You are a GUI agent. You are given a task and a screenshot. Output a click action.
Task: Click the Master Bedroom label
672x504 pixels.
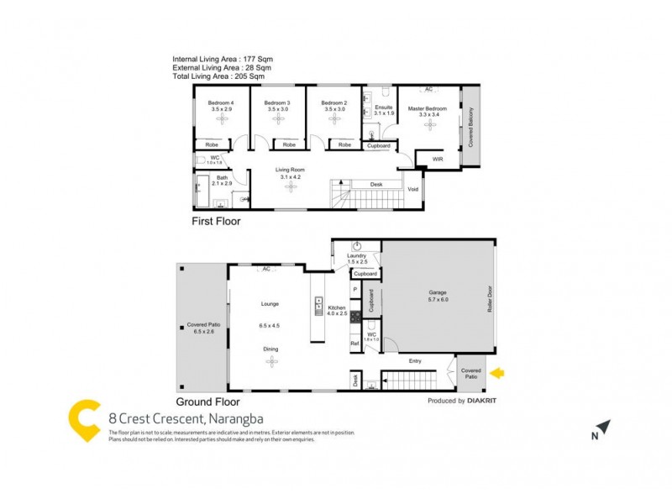pyautogui.click(x=428, y=108)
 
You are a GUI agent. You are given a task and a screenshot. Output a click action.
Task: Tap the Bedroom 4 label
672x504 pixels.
pyautogui.click(x=221, y=103)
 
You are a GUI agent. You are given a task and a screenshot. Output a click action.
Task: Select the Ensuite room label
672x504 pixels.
pyautogui.click(x=384, y=108)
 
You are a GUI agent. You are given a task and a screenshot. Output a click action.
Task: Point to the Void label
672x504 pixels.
pyautogui.click(x=412, y=189)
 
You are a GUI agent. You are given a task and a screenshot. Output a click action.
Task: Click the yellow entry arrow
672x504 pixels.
pyautogui.click(x=497, y=371)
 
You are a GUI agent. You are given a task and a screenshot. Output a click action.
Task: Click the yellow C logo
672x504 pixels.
pyautogui.click(x=85, y=420)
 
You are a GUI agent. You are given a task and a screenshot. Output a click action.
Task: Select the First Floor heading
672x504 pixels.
pyautogui.click(x=217, y=223)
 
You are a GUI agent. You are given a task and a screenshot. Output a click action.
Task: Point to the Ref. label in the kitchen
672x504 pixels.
pyautogui.click(x=354, y=344)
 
